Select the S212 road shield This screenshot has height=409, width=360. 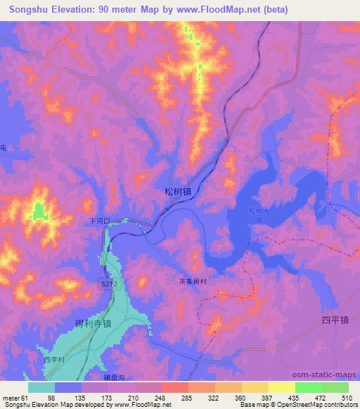coord(106,283)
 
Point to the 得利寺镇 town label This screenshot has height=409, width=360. coord(93,323)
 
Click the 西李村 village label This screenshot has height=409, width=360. coord(54,359)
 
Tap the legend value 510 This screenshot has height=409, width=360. coord(345,397)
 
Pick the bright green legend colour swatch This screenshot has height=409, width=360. coord(309,387)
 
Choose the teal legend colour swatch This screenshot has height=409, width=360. coord(41,387)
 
